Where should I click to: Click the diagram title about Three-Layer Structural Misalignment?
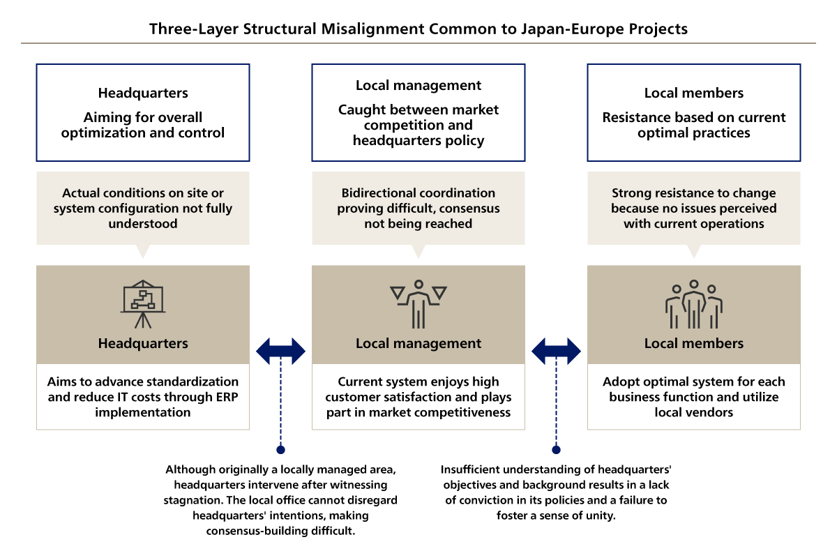pos(418,29)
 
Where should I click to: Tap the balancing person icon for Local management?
pos(418,303)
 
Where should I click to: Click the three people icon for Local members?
pos(694,305)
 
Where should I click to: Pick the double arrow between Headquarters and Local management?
pos(280,351)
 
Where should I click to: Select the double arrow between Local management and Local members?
pos(556,351)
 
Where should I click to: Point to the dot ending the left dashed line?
pos(280,450)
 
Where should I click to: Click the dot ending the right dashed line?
pos(556,450)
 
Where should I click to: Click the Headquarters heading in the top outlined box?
pos(143,93)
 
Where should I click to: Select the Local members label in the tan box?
pos(694,343)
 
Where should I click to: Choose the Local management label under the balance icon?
pos(418,343)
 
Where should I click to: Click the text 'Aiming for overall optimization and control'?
pos(143,125)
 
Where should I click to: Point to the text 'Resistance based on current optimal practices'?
pos(694,125)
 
